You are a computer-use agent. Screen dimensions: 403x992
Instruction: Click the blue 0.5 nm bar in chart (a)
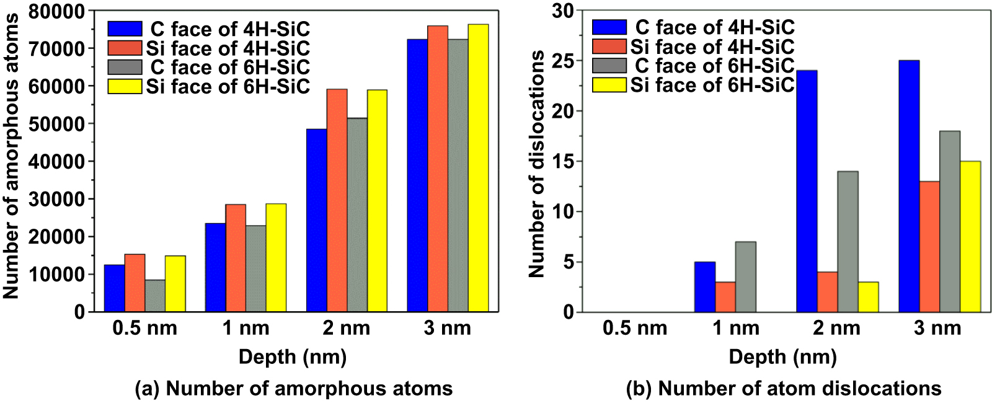[x=114, y=288]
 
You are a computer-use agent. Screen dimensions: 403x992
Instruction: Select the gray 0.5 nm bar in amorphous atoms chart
[x=155, y=296]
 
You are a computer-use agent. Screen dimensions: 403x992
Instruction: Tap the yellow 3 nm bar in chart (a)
[x=478, y=167]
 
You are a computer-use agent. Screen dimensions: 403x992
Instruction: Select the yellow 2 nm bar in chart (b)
[x=868, y=297]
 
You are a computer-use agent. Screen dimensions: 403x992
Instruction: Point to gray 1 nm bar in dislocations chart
[x=746, y=277]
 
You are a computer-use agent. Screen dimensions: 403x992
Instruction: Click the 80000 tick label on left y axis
[x=60, y=11]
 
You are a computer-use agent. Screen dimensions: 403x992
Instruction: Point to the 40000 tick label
[x=60, y=162]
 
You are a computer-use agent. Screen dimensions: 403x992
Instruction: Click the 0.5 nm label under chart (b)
[x=635, y=329]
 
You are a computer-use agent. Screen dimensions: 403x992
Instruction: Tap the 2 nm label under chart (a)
[x=346, y=329]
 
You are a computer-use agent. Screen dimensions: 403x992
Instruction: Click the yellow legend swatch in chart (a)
[x=125, y=87]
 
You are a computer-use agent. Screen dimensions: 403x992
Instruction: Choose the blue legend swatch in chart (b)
[x=609, y=27]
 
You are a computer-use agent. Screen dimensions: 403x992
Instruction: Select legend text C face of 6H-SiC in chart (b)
[x=714, y=66]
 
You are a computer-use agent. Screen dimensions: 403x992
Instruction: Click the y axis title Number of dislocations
[x=537, y=164]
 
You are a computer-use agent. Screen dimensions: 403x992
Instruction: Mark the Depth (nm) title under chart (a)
[x=293, y=357]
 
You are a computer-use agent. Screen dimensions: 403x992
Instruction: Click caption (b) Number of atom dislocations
[x=784, y=389]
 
